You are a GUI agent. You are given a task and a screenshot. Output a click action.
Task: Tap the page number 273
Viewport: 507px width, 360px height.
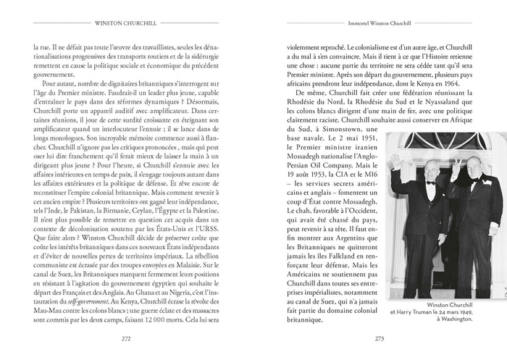(379, 337)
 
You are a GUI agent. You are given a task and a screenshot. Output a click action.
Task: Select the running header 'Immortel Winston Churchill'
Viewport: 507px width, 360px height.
(379, 22)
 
